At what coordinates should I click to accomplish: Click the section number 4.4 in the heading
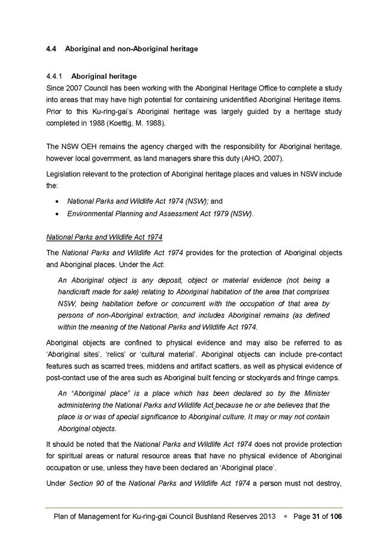click(51, 49)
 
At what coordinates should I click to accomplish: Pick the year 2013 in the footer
click(266, 517)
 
